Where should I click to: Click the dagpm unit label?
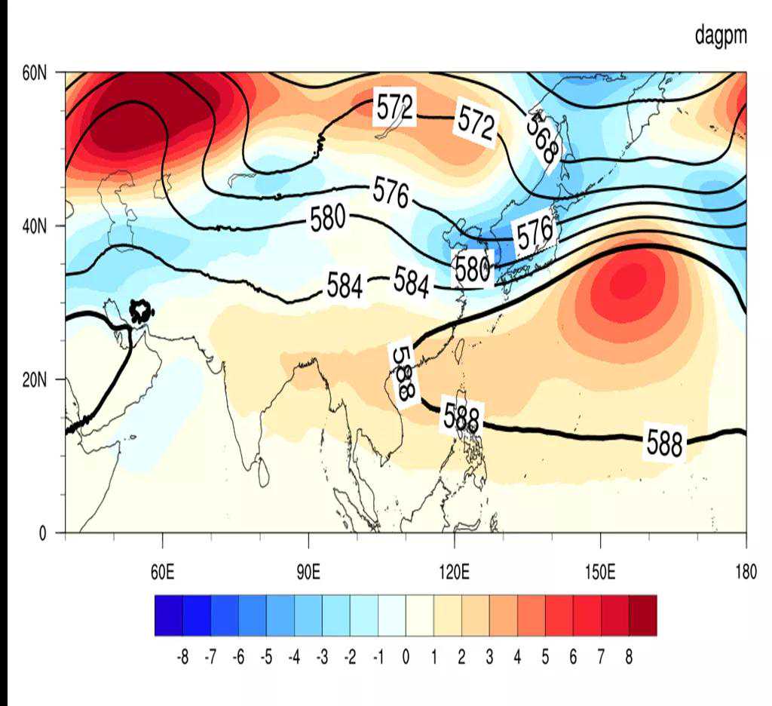point(720,36)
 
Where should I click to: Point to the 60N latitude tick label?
point(35,73)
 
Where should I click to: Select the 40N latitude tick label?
point(35,226)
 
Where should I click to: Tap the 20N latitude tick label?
point(35,379)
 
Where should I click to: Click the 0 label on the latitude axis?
point(42,533)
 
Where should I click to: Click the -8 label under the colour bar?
point(182,657)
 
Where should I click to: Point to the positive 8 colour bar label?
point(629,657)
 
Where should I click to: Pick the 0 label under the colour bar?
point(406,657)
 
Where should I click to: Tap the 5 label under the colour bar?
point(545,657)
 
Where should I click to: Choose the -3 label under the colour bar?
point(321,657)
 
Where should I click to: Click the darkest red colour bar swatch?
point(642,615)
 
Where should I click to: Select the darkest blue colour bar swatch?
point(168,615)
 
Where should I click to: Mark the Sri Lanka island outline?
point(263,473)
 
